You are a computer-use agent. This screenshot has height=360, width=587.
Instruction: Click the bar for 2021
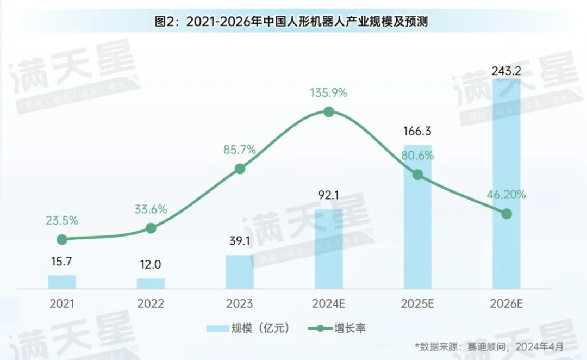(62, 282)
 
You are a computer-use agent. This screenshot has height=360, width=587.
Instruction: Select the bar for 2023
(240, 271)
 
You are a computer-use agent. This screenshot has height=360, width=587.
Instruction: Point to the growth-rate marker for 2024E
(328, 112)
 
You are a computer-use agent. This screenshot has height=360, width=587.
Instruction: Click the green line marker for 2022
(151, 228)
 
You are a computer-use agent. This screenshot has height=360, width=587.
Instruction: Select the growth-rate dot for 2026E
(506, 214)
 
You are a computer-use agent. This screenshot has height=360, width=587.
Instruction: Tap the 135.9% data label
(328, 92)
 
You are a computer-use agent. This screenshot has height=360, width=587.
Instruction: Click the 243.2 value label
(506, 71)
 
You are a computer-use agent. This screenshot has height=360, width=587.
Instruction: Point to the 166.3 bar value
(417, 132)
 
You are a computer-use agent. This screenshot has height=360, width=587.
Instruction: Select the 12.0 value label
(151, 265)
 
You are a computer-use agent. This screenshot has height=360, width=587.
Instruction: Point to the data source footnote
(489, 346)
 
